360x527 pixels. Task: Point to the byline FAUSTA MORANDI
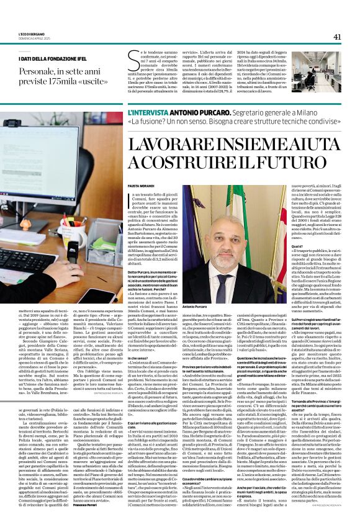tap(140, 186)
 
